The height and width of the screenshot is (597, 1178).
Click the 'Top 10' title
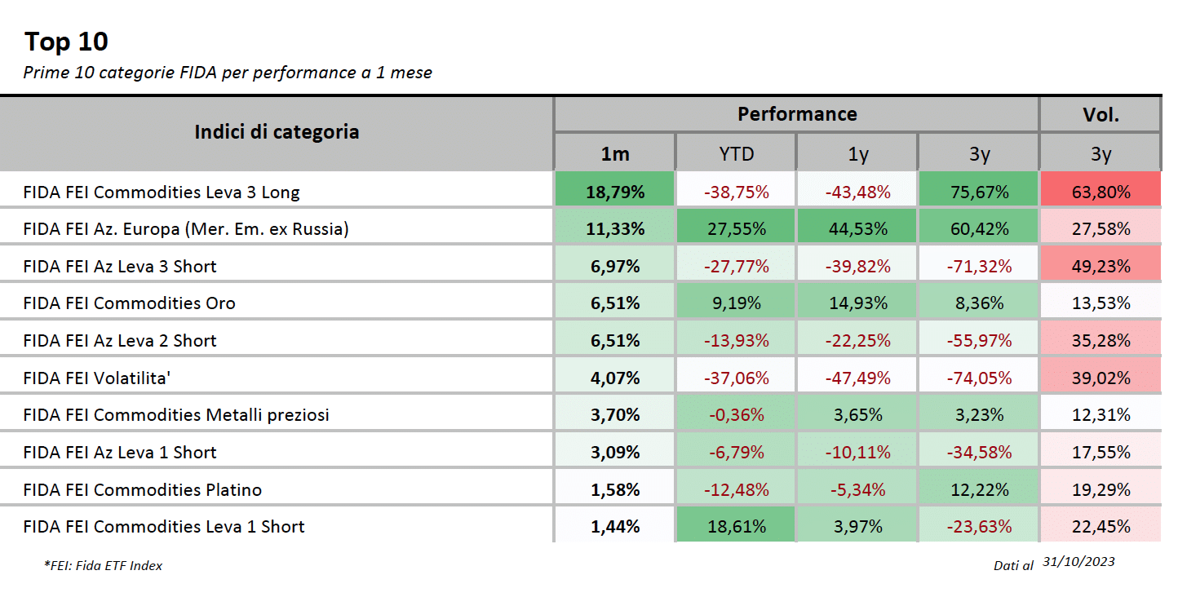pos(66,42)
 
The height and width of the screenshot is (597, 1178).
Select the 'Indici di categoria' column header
pos(277,132)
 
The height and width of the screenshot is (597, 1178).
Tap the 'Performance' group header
pos(797,114)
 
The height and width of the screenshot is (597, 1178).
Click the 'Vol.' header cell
pos(1100,114)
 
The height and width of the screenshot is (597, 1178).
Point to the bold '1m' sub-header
pos(615,154)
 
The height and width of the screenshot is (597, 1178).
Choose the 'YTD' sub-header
pos(736,154)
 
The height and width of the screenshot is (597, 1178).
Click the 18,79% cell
pos(615,192)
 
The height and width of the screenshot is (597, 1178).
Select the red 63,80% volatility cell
pos(1100,192)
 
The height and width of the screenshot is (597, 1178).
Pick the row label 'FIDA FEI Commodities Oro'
pos(129,303)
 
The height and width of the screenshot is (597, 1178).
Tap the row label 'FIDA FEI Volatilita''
pos(97,378)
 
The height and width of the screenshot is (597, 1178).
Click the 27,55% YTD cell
pos(736,228)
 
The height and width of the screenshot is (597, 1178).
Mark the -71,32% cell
pos(979,267)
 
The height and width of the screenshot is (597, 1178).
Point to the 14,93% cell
pos(857,303)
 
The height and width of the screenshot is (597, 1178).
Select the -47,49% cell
pos(857,378)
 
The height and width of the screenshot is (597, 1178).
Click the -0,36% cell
pos(736,415)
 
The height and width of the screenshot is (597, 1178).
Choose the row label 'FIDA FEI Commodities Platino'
pos(143,490)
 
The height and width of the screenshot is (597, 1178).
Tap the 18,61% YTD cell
pos(736,527)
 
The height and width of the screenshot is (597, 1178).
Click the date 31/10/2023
pos(1078,562)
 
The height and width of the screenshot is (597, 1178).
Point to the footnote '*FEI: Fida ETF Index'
pos(103,565)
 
